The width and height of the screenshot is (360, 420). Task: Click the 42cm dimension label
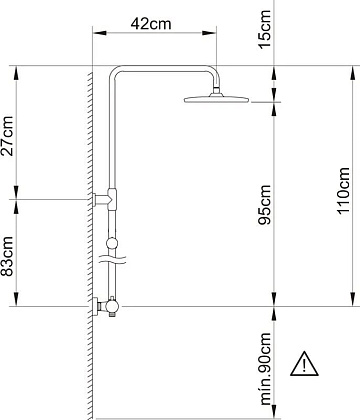click(151, 24)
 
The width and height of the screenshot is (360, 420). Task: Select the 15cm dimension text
click(265, 29)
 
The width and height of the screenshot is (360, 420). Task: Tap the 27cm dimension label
click(7, 136)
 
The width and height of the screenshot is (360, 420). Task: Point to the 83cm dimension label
click(7, 256)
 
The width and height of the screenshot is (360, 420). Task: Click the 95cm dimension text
click(265, 205)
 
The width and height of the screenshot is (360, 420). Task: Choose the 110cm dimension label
click(344, 191)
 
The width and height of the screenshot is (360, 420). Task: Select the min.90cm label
click(265, 369)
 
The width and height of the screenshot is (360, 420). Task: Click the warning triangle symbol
click(304, 364)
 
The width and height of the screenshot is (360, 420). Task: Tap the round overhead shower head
click(217, 99)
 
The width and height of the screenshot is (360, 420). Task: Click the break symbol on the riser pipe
click(113, 260)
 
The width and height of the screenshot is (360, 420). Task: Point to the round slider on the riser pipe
click(112, 243)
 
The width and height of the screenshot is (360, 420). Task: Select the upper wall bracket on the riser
click(105, 199)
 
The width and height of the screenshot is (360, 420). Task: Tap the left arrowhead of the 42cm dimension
click(99, 33)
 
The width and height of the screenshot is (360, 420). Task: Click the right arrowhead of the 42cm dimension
click(210, 33)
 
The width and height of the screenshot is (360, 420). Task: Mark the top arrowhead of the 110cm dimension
click(352, 73)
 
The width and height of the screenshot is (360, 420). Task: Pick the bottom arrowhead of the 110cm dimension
click(352, 299)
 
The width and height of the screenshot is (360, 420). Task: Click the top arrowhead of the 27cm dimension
click(16, 73)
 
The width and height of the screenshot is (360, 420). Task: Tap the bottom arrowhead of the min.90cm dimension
click(274, 411)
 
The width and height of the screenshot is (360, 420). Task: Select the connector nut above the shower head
click(216, 90)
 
